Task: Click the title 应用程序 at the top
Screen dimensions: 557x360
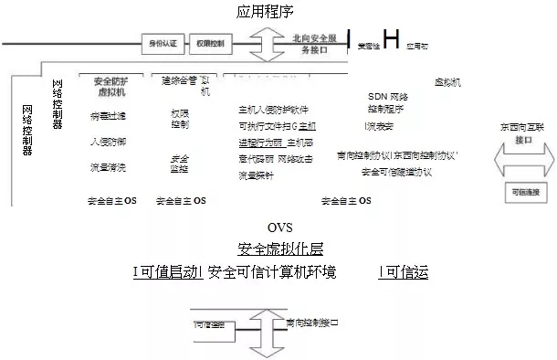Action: point(265,12)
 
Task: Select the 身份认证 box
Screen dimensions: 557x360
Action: point(163,43)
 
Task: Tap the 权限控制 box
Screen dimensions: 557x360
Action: point(210,43)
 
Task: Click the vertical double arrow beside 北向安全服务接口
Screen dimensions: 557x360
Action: point(268,44)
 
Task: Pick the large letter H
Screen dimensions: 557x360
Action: point(391,39)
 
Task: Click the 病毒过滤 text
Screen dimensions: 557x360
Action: point(109,117)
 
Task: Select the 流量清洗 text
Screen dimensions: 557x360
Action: point(109,167)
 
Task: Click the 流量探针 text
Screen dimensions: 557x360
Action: point(256,175)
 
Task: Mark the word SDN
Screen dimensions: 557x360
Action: point(377,96)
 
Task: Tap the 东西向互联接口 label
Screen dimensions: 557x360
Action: point(523,134)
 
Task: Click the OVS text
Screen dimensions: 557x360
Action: point(280,228)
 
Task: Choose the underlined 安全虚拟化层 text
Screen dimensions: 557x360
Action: point(279,249)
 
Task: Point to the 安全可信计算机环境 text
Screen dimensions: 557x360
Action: point(272,272)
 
